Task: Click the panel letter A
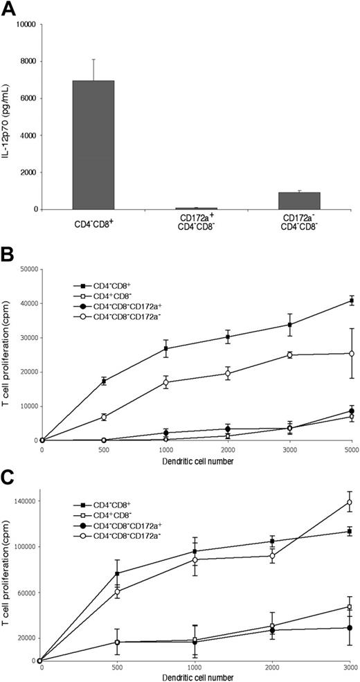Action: pos(10,9)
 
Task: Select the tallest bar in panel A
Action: pos(93,145)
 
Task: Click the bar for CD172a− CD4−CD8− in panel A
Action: pos(299,201)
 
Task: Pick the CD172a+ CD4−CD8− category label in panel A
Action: pos(196,224)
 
